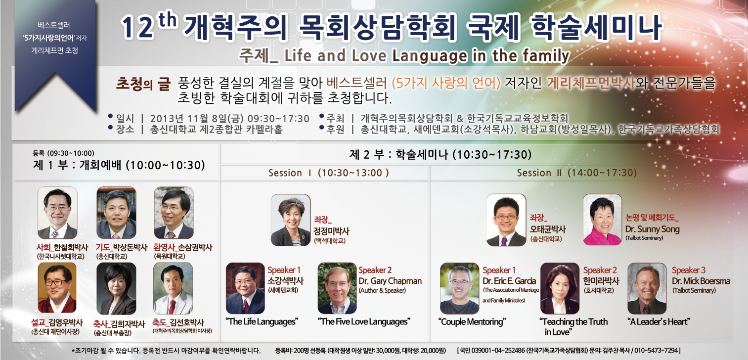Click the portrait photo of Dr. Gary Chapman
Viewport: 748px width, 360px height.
[337, 288]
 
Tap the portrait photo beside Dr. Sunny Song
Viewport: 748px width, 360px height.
[603, 220]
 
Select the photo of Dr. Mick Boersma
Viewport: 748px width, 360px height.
[647, 288]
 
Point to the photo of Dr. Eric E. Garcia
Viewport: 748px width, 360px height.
[459, 288]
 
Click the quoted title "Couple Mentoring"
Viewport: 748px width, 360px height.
[472, 322]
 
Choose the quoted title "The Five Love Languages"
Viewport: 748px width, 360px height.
[364, 322]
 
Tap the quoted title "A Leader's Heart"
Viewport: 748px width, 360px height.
[659, 322]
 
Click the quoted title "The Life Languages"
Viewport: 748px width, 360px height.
[262, 322]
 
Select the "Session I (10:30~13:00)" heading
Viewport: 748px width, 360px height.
[329, 173]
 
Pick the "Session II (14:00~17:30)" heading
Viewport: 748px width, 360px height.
[576, 173]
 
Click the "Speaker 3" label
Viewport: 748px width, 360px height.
[689, 270]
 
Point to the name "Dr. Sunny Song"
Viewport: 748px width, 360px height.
[653, 229]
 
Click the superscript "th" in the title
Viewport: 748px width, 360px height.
[167, 21]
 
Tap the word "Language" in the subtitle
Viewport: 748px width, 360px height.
[430, 56]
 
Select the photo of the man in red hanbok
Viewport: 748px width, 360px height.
[57, 287]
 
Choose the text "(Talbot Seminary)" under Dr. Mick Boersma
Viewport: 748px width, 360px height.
[694, 291]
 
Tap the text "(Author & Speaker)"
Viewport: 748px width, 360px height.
[382, 291]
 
